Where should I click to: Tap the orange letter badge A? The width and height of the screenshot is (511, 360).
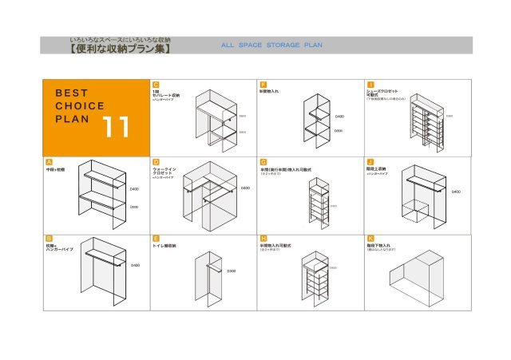tap(50, 161)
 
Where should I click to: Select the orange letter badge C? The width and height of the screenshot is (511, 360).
tap(156, 84)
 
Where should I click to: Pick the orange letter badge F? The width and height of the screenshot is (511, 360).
tap(263, 84)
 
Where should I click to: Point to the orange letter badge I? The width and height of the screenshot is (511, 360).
tap(370, 84)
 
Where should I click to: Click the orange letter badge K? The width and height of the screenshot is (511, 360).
tap(370, 238)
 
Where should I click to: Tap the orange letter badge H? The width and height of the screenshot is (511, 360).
tap(263, 238)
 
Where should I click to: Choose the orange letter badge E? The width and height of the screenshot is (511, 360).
tap(156, 238)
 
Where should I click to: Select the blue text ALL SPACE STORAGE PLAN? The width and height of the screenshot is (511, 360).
tap(271, 45)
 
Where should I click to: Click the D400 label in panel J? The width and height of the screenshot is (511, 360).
tap(456, 192)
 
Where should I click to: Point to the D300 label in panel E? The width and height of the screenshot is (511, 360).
tap(231, 271)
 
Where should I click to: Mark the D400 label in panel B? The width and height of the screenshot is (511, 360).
tap(135, 265)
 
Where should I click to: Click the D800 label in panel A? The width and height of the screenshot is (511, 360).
tap(133, 206)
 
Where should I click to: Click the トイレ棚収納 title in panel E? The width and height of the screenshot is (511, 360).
tap(165, 247)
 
